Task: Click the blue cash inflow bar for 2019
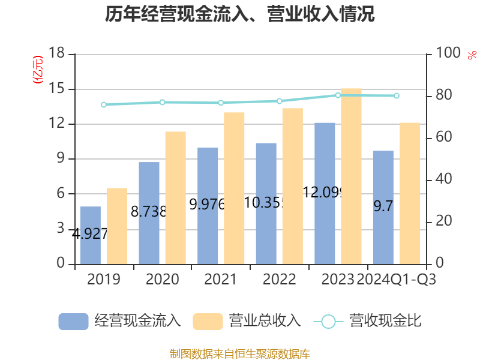click(90, 235)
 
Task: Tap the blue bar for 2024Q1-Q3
click(383, 207)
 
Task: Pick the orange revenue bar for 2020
click(176, 197)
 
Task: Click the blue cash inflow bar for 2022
click(266, 203)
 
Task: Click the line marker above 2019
click(104, 104)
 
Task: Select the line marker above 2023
click(338, 95)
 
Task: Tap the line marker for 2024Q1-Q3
click(397, 95)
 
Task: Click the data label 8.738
click(148, 212)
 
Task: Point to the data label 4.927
click(90, 234)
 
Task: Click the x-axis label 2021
click(220, 280)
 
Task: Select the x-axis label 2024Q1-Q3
click(397, 280)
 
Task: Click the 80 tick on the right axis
click(444, 95)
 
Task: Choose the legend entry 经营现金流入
click(119, 321)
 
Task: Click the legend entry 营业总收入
click(247, 321)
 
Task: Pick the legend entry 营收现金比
click(368, 321)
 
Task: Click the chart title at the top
click(240, 14)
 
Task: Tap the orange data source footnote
click(240, 353)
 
